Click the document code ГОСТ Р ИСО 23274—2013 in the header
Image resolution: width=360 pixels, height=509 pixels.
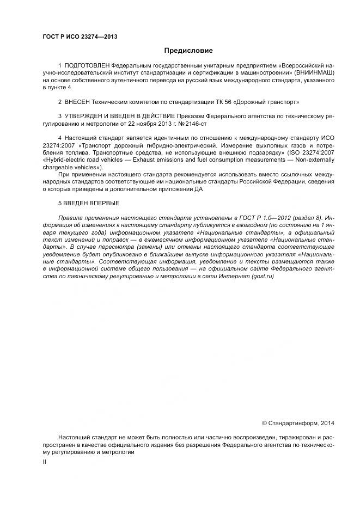[80, 37]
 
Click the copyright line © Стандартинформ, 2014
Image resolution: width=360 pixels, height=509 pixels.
[298, 423]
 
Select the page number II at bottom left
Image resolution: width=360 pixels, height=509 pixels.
[45, 462]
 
